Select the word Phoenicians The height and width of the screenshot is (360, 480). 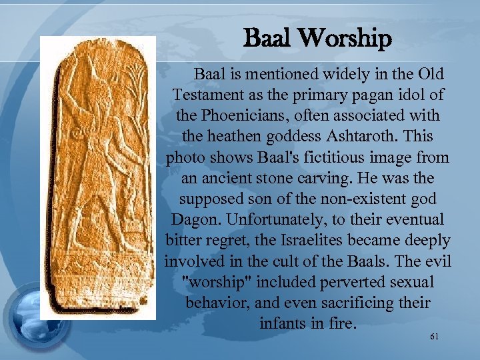(247, 115)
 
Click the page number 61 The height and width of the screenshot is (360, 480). (434, 337)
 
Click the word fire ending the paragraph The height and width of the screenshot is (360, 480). (343, 324)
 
